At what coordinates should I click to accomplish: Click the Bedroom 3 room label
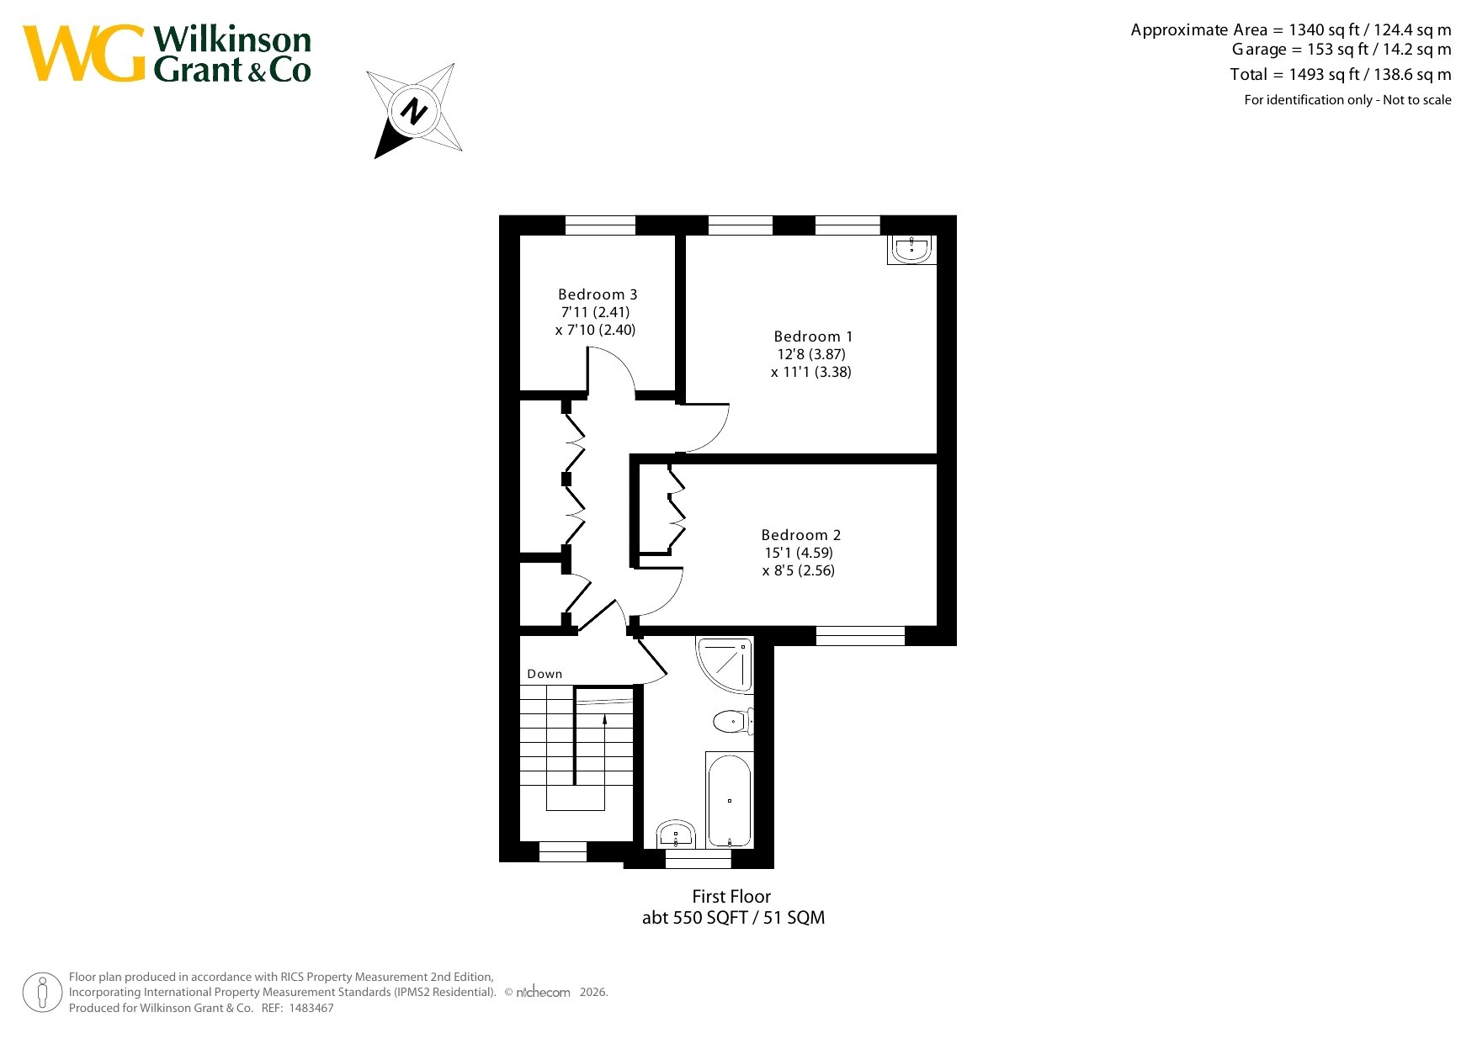tap(598, 294)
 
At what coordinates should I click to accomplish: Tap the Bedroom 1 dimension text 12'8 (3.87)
tap(811, 354)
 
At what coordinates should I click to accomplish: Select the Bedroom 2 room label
tap(801, 535)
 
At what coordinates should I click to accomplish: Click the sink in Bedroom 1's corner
tap(911, 250)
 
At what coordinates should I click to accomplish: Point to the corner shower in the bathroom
tap(725, 665)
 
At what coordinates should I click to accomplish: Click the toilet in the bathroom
tap(733, 721)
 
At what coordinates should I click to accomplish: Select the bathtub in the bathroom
tap(729, 800)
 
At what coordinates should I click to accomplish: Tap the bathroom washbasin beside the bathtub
tap(675, 835)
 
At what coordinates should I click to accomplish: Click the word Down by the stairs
tap(545, 674)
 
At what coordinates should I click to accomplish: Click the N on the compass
tap(413, 111)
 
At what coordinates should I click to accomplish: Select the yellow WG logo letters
tap(84, 53)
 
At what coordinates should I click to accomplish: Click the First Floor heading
tap(731, 897)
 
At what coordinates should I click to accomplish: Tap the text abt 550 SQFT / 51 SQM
tap(733, 918)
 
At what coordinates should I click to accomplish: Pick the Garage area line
tap(1342, 50)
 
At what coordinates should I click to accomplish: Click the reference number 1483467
tap(311, 1008)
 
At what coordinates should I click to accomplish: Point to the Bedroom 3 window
tap(600, 225)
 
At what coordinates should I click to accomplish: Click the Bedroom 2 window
tap(860, 636)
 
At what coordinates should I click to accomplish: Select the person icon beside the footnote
tap(42, 993)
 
